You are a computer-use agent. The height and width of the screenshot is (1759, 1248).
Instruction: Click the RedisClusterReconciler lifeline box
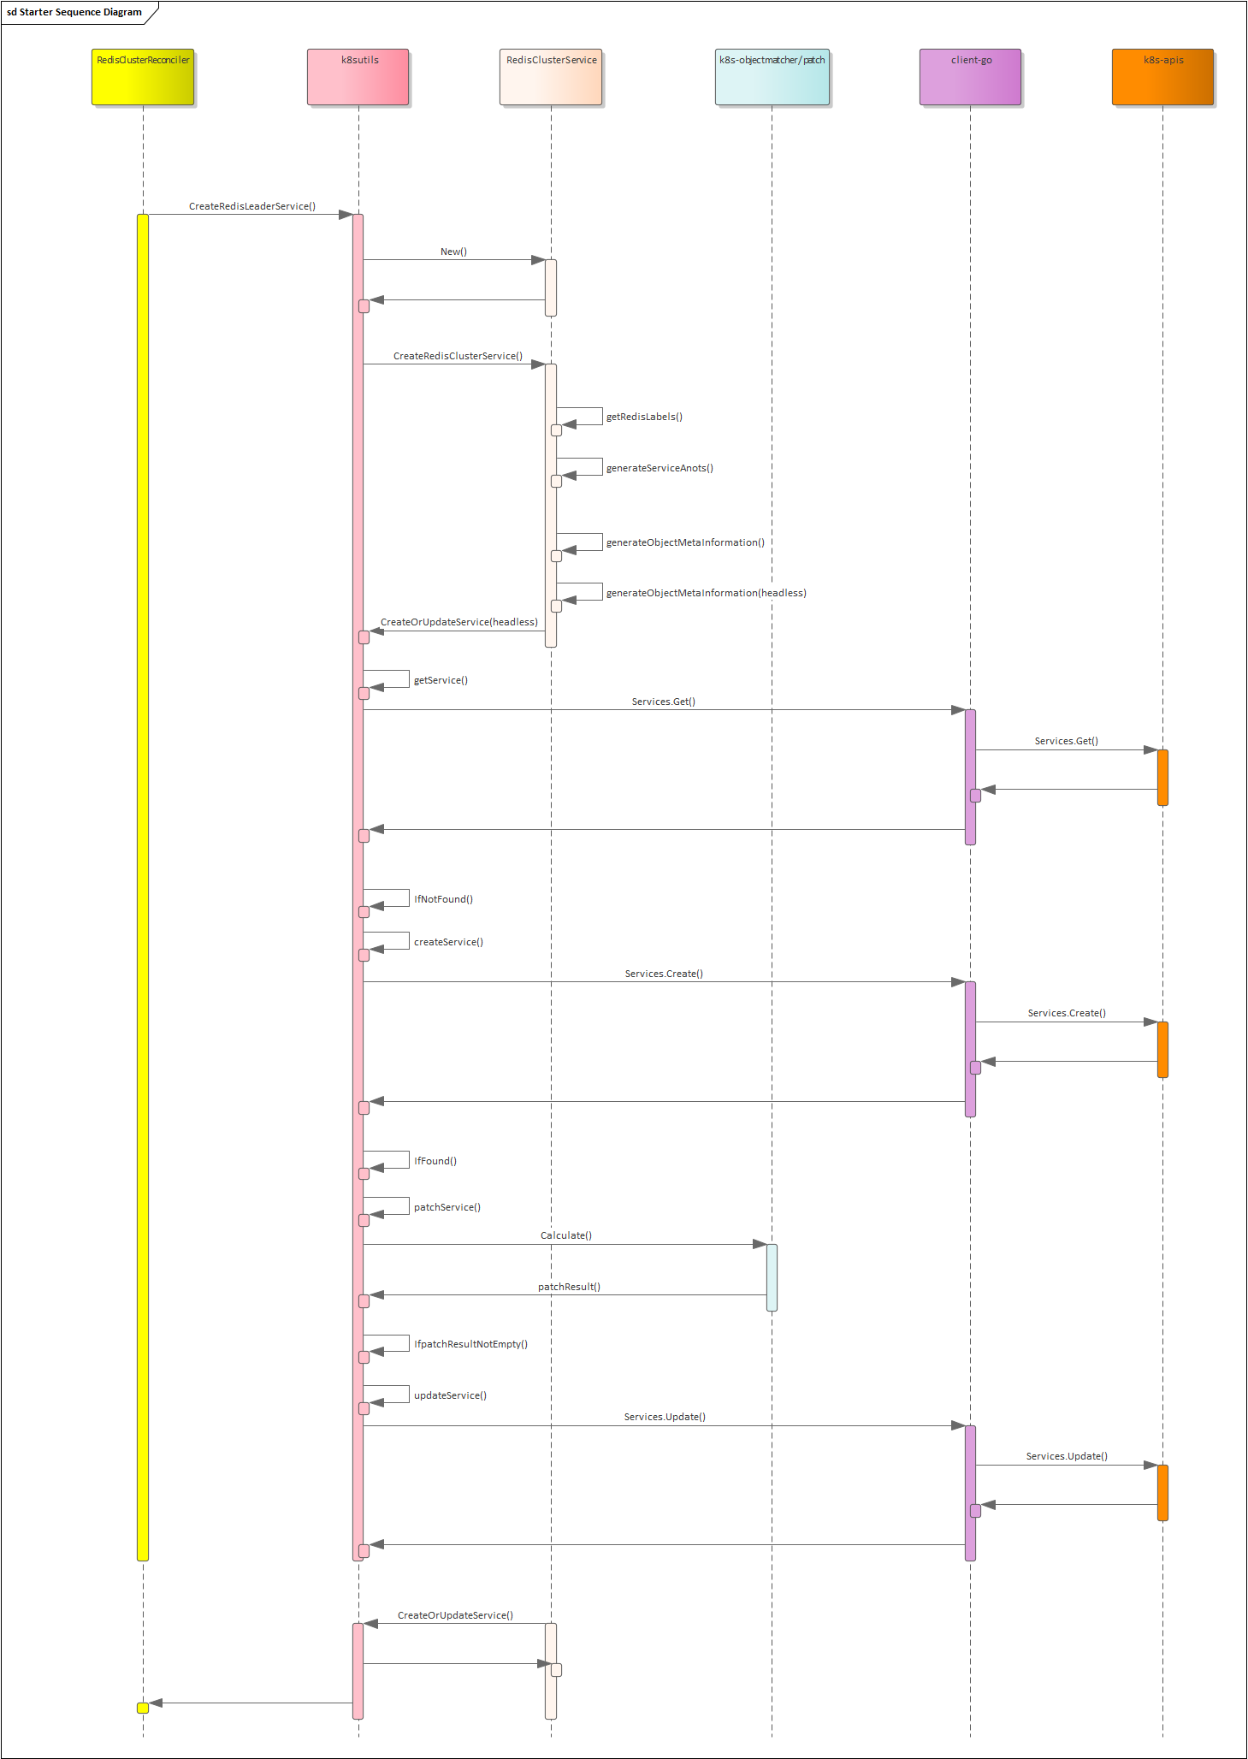(143, 77)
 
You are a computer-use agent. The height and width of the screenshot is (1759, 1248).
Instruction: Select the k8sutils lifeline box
(358, 77)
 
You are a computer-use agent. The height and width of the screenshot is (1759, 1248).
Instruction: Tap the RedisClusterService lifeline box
(551, 77)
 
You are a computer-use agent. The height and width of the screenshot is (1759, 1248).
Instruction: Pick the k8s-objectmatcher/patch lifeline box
(772, 77)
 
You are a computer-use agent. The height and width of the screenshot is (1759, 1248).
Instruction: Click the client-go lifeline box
(970, 77)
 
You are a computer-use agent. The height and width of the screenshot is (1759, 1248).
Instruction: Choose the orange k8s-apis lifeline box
(1162, 77)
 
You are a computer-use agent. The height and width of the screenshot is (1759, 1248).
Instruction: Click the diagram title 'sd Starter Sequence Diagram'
(74, 12)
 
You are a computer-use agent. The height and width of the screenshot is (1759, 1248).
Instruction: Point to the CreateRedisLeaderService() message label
(252, 206)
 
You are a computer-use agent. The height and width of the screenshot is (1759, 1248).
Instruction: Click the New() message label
(453, 252)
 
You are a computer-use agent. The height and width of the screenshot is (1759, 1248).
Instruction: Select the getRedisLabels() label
(644, 417)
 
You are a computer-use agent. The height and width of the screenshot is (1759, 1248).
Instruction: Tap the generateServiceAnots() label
(659, 468)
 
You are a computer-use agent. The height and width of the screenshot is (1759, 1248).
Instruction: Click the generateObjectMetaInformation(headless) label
(706, 593)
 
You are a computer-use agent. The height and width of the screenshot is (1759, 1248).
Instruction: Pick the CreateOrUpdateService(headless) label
(459, 622)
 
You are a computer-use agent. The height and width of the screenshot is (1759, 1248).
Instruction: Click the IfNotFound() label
(443, 899)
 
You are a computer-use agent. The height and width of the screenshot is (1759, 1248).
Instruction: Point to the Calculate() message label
(566, 1235)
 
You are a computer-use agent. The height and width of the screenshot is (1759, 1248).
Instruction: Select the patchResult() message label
(569, 1287)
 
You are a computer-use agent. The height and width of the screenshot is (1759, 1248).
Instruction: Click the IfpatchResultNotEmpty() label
(470, 1344)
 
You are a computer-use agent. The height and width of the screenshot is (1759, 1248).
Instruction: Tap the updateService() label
(450, 1395)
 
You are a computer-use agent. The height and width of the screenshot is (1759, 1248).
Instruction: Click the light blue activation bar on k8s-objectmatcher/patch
(772, 1277)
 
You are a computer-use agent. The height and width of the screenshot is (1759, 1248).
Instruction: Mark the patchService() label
(447, 1207)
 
